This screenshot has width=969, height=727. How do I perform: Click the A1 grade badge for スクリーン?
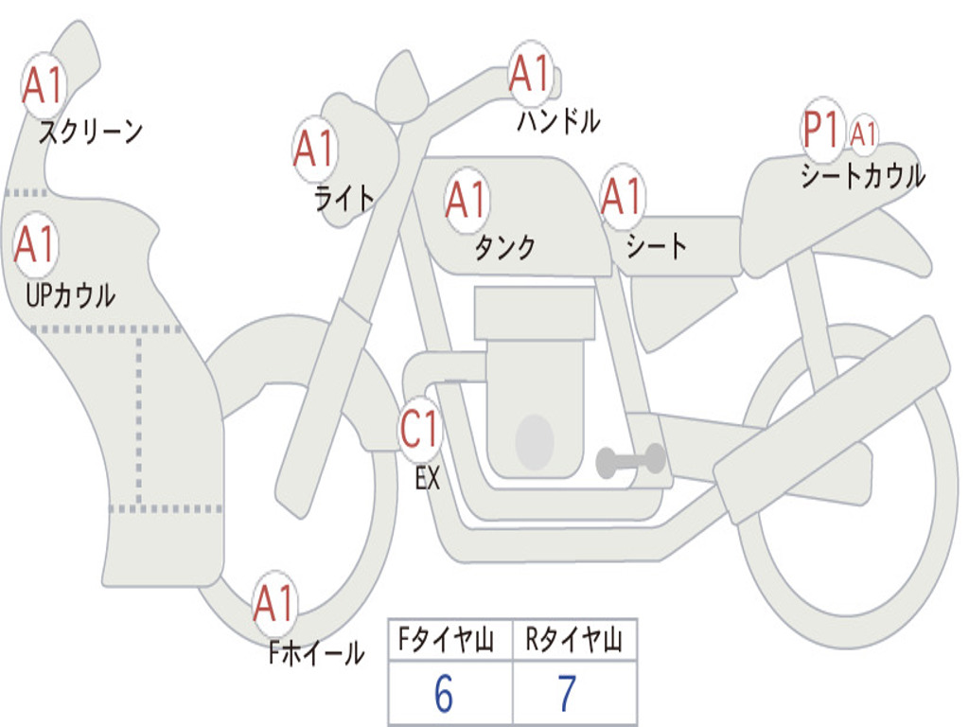(43, 86)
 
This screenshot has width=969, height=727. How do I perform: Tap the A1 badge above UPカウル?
(35, 245)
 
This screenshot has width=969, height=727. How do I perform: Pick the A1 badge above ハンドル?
(529, 74)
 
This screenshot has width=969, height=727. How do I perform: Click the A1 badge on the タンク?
(466, 200)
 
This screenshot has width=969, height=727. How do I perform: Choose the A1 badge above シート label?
(622, 197)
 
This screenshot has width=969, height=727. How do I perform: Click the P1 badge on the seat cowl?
(821, 131)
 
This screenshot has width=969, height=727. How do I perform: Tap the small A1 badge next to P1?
(863, 133)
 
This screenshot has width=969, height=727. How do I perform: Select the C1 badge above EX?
(419, 430)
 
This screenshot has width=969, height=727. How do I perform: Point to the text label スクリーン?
(90, 132)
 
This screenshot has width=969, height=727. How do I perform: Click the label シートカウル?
(862, 176)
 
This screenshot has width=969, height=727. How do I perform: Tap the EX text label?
(428, 479)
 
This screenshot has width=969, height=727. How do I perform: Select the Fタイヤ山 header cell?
(449, 642)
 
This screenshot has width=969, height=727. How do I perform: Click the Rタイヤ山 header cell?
(573, 642)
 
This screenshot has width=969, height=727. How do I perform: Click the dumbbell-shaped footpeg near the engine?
(630, 461)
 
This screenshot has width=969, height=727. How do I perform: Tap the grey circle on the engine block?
(534, 442)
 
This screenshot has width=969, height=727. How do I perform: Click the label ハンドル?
(558, 120)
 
